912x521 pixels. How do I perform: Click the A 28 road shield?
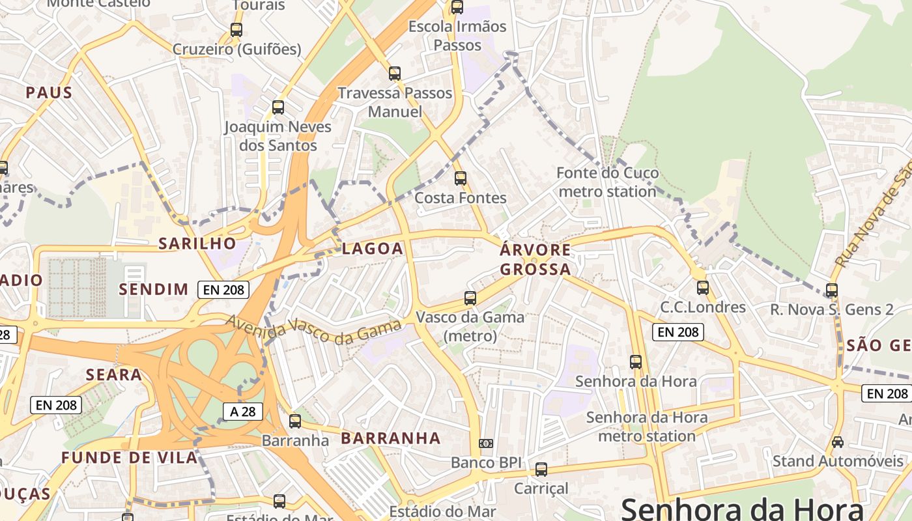[243, 411]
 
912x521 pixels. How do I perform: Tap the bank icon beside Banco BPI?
[486, 444]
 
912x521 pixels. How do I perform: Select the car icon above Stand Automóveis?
[838, 442]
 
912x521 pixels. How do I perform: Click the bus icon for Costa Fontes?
[461, 178]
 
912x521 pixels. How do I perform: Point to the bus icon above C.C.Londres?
[703, 287]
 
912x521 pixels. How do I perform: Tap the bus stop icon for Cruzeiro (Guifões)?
[236, 30]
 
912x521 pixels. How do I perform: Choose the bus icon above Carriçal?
[541, 469]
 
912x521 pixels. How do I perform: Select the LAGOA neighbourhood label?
[373, 248]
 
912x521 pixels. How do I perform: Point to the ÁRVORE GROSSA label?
[535, 259]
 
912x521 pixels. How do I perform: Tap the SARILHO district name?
[197, 244]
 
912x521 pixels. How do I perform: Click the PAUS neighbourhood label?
[49, 92]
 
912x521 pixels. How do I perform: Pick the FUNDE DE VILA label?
[130, 457]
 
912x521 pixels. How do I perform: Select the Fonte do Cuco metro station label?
[607, 182]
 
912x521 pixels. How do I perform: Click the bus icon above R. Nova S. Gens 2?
[832, 290]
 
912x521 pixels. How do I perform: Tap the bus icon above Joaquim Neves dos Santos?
[278, 107]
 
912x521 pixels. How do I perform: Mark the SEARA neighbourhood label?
[114, 374]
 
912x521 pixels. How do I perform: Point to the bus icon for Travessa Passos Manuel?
[394, 74]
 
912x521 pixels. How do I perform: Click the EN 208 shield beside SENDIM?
[223, 290]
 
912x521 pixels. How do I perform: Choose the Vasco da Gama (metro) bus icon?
[470, 298]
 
